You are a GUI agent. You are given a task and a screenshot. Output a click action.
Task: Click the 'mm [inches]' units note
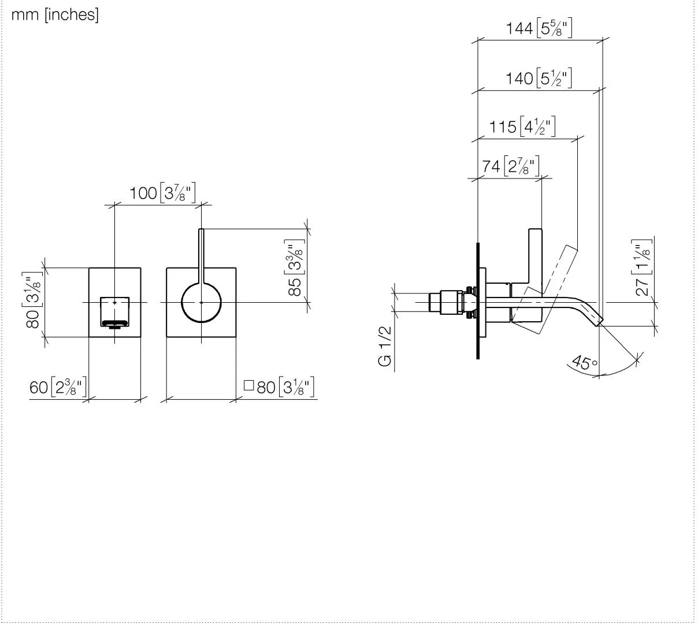click(55, 15)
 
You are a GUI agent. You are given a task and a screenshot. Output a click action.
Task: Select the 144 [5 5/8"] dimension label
click(539, 28)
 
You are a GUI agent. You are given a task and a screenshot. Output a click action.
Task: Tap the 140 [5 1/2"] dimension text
click(539, 78)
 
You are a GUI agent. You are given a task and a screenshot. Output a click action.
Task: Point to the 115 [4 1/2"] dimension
click(522, 127)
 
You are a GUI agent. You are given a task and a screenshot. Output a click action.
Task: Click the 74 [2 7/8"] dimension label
click(511, 166)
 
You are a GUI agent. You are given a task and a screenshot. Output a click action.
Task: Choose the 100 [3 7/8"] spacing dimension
click(162, 192)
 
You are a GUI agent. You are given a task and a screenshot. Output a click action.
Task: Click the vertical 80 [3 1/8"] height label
click(34, 300)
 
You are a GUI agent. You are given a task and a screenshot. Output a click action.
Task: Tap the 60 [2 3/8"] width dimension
click(58, 387)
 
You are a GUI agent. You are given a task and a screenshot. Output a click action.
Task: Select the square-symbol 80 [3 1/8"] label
click(279, 387)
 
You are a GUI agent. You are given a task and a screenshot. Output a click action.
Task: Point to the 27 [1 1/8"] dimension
click(642, 268)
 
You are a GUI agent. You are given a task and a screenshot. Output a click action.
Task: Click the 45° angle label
click(585, 363)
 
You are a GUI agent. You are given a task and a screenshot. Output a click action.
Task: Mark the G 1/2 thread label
click(385, 346)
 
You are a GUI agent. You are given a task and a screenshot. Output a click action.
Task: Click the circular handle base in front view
click(202, 303)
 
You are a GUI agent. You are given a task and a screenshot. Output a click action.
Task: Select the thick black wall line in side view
click(478, 301)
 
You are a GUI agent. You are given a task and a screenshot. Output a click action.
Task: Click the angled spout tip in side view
click(600, 321)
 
